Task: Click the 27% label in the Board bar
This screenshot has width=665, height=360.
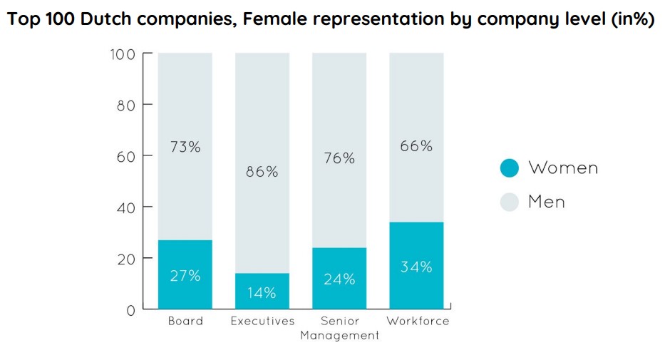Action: tap(185, 276)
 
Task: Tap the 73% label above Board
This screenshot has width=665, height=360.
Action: tap(185, 147)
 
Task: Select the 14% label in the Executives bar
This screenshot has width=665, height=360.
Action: tap(262, 292)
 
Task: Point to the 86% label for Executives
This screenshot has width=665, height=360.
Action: tap(262, 172)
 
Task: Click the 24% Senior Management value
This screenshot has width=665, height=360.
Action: tap(339, 279)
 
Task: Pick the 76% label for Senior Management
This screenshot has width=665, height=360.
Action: tap(339, 158)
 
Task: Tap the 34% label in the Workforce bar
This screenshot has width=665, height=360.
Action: tap(416, 267)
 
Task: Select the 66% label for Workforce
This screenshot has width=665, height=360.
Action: tap(416, 145)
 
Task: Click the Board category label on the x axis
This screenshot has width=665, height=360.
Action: tap(185, 321)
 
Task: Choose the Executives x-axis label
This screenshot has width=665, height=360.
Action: tap(262, 321)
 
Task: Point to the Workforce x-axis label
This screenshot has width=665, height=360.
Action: tap(418, 321)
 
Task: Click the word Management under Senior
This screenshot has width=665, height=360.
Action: tap(339, 335)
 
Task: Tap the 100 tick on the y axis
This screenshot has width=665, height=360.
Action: tap(122, 54)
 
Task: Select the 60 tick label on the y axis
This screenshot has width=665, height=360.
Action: tap(125, 156)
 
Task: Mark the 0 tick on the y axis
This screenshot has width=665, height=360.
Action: tap(130, 310)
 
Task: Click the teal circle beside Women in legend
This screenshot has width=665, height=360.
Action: tap(509, 168)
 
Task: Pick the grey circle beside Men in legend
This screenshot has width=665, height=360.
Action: tap(509, 202)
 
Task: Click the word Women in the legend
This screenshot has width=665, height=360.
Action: tap(562, 168)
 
